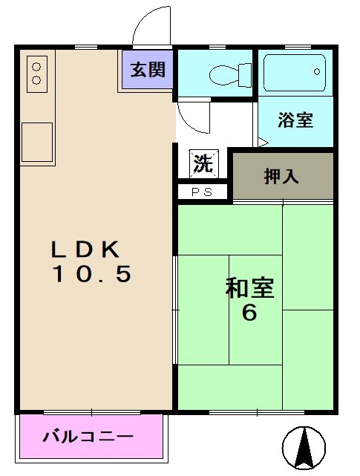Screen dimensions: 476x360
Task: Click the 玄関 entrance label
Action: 148,71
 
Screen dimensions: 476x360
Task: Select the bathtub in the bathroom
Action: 295,73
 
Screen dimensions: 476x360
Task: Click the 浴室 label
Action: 295,120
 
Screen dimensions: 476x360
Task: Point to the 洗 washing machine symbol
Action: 203,164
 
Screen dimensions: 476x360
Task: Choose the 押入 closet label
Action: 281,176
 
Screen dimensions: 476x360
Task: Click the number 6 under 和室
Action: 249,313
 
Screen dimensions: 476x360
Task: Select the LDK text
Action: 82,249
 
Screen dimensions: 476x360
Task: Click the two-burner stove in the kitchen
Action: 37,71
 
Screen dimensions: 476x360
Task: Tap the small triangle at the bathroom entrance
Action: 262,141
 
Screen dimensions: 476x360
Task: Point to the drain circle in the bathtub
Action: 318,73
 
